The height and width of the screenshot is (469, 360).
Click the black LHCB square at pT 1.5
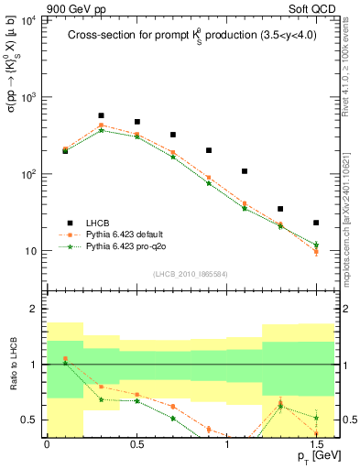point(316,223)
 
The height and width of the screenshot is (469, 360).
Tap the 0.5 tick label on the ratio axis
point(31,420)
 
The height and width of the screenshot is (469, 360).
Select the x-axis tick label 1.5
point(316,445)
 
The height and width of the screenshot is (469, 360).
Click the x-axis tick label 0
point(47,445)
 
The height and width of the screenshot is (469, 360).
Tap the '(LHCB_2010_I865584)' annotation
point(189,274)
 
